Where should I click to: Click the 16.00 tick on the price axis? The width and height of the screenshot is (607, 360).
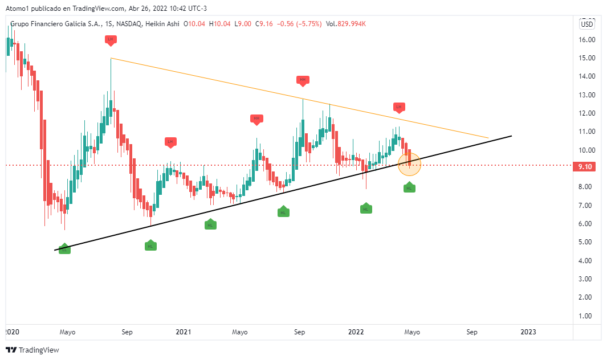click(587, 40)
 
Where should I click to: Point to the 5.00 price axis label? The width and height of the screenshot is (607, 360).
click(587, 242)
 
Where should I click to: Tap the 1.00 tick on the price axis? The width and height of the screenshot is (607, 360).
click(587, 316)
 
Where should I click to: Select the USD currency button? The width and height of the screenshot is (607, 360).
click(586, 24)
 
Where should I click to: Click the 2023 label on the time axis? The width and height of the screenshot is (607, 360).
click(528, 332)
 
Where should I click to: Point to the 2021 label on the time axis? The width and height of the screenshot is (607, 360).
click(184, 332)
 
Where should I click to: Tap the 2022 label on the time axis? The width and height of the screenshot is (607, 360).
click(356, 332)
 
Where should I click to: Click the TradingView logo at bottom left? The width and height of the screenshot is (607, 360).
click(32, 350)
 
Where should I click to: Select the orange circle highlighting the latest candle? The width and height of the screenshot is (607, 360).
click(409, 164)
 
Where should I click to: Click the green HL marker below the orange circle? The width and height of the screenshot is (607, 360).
click(409, 187)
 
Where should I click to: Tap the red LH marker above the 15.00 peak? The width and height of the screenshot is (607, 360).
click(111, 39)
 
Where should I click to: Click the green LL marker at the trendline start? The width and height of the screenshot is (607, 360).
click(64, 249)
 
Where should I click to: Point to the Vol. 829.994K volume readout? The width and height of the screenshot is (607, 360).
click(345, 24)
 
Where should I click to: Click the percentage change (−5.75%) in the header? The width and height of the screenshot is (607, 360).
click(307, 24)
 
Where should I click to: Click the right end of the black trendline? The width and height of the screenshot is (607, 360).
click(511, 136)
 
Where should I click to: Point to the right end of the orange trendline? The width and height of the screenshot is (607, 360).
click(488, 138)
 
